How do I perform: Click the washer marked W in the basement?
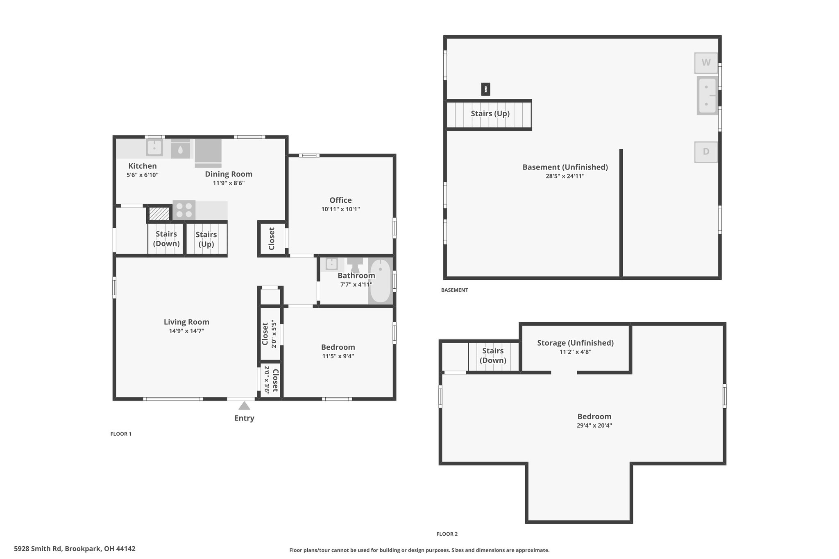coord(706,63)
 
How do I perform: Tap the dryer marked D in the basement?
coord(706,152)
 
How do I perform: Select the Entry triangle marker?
coord(244,405)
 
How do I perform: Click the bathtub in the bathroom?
coord(381,281)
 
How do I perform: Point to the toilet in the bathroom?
coord(355,264)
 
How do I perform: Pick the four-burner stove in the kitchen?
coord(184,210)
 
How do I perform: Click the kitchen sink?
coord(154,148)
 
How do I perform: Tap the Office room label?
coord(340,200)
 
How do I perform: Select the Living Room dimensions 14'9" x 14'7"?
coord(186,331)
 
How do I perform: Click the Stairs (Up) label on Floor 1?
coord(206,239)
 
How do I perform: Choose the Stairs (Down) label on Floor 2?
coord(493,355)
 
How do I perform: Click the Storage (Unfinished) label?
coord(575,343)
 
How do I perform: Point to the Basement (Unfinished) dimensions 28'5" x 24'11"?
coord(565,176)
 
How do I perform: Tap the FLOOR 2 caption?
coord(447,534)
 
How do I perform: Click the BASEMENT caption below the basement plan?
coord(454,290)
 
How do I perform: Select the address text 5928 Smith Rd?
coord(38,548)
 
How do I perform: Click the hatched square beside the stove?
coord(159,214)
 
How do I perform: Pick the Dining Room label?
coord(229,174)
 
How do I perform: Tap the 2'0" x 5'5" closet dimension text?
coord(274,334)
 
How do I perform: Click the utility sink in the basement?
coord(707,95)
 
